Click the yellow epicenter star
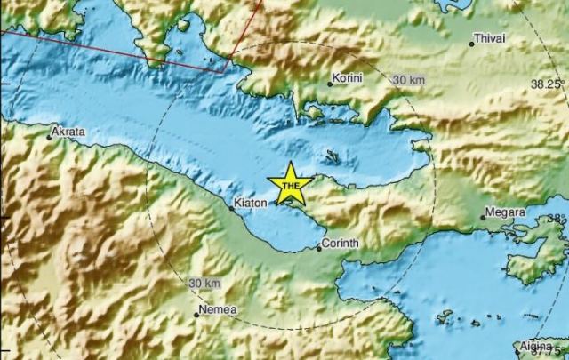coord(290,184)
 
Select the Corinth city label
coord(339,242)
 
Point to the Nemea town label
coord(218,308)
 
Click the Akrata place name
coord(68,132)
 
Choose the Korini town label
coord(347,78)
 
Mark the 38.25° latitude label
coord(548,84)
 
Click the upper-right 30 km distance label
coord(407,81)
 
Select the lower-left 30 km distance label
coord(205,283)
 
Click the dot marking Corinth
coord(318,248)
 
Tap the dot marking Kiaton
coord(231,210)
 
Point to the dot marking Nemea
coord(197,315)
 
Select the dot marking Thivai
coord(472,44)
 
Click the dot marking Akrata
coord(49,137)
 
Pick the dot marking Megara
coord(483,217)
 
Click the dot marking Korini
coord(329,84)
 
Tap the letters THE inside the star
coord(290,186)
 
